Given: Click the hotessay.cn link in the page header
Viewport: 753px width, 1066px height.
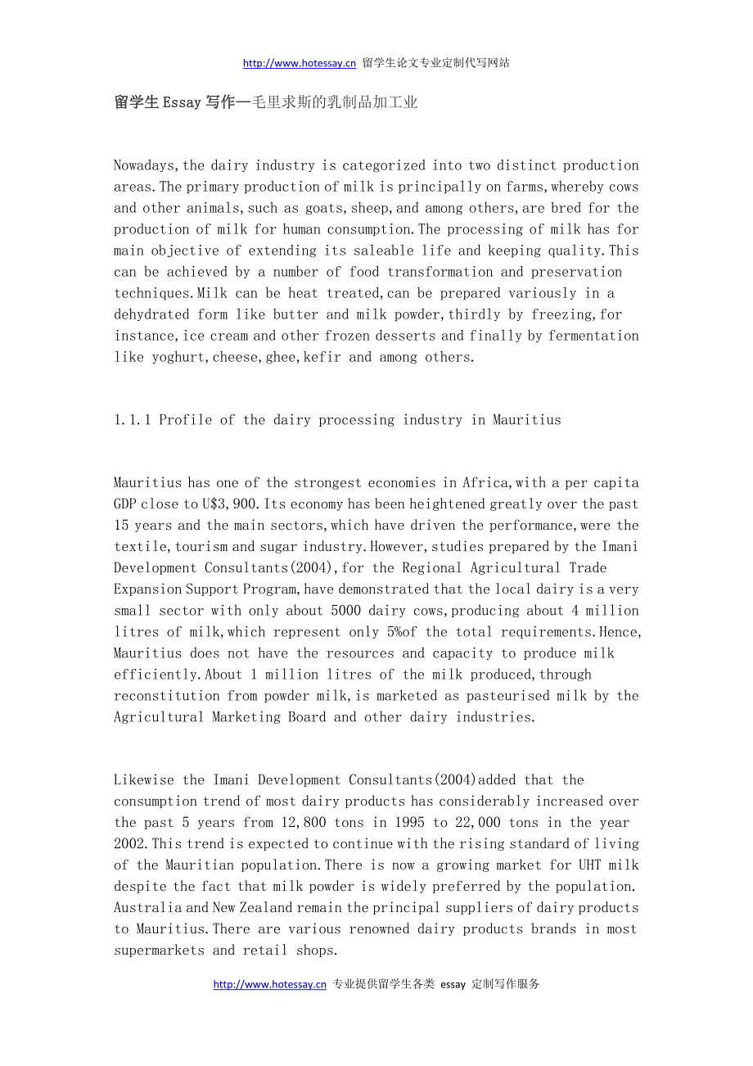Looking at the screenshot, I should coord(300,63).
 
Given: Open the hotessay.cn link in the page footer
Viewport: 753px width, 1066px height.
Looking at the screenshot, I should coord(270,985).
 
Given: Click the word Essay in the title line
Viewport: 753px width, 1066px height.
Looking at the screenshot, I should coord(182,102).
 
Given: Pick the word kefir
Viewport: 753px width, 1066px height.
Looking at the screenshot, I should coord(322,357).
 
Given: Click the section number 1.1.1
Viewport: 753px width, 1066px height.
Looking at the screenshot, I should coord(132,420).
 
